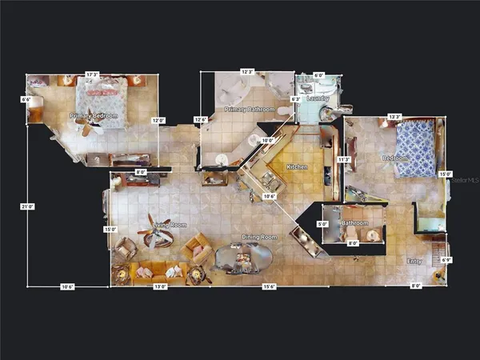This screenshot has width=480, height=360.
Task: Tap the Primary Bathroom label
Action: point(250,109)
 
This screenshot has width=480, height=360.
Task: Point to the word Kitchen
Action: point(298,167)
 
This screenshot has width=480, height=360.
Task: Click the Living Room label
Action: point(170,225)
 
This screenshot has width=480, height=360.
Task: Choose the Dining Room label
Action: point(260,238)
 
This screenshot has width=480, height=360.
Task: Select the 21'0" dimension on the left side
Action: point(27,206)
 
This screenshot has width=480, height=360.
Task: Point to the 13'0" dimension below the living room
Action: point(160,286)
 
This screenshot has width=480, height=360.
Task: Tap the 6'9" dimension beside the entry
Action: point(447,260)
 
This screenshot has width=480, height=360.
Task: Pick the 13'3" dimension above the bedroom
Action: point(394,116)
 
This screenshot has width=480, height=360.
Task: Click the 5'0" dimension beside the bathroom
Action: point(323,224)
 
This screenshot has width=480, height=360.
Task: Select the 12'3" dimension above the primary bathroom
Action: point(247,72)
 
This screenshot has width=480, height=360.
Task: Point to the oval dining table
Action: point(244,258)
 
